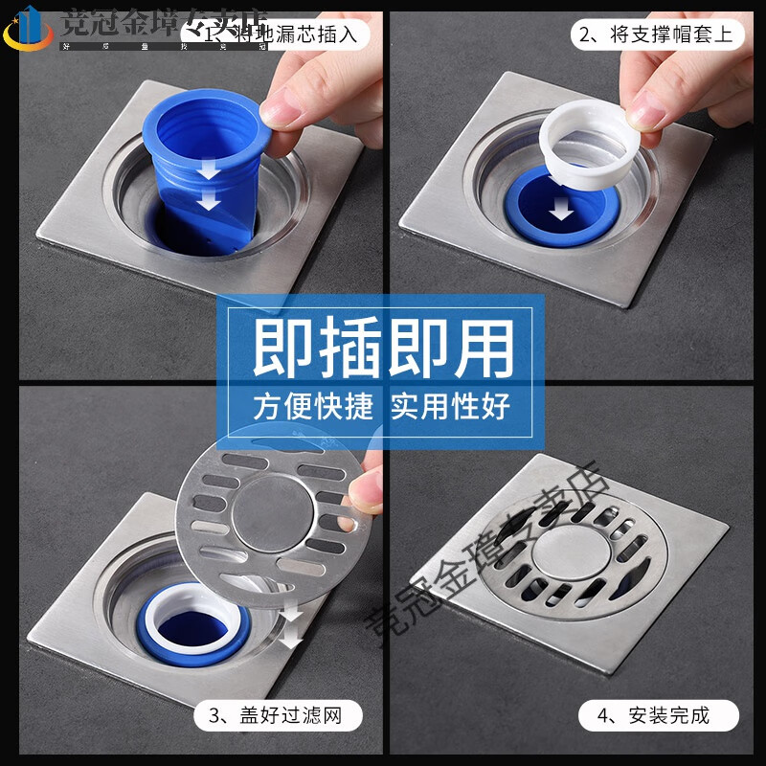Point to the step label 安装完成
point(659,714)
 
